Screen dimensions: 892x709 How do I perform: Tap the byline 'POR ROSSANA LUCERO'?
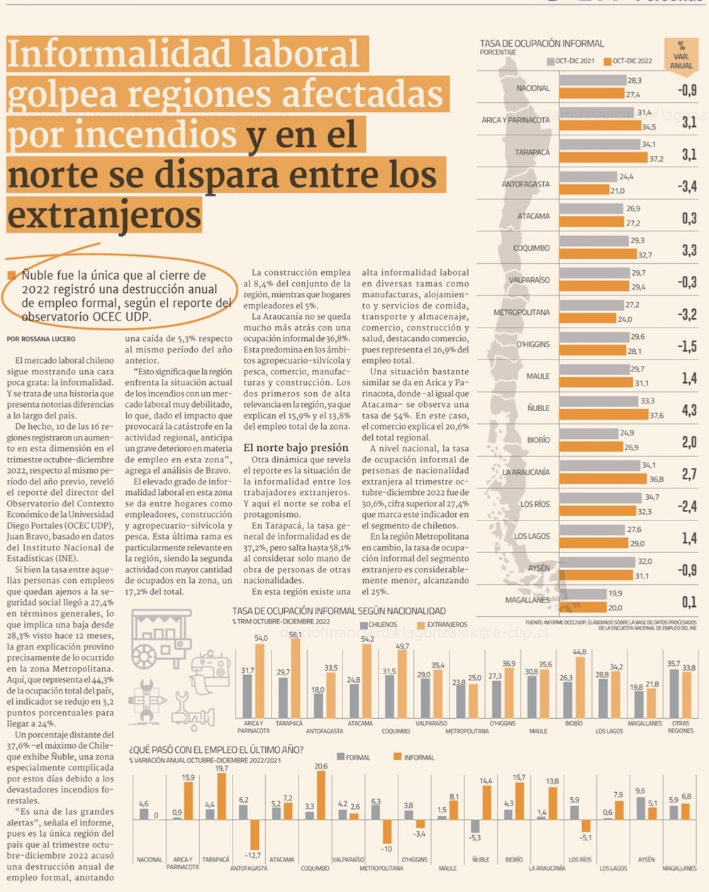click(x=41, y=339)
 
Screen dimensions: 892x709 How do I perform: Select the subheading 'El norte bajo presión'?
click(x=296, y=447)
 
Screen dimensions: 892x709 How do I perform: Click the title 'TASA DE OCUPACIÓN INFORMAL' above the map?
click(x=542, y=43)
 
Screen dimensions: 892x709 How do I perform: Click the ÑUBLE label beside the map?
click(x=538, y=408)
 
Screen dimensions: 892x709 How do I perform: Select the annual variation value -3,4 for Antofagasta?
click(x=687, y=186)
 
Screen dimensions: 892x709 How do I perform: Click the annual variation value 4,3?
click(x=688, y=410)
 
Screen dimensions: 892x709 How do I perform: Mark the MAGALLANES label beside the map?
click(x=527, y=600)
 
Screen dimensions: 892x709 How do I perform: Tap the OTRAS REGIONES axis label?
click(x=680, y=727)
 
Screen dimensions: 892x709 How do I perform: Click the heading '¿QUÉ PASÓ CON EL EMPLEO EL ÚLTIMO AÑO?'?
click(x=216, y=749)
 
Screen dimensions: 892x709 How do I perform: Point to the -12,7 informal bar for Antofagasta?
click(x=255, y=835)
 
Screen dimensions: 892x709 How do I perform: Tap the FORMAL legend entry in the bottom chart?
click(x=353, y=757)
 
